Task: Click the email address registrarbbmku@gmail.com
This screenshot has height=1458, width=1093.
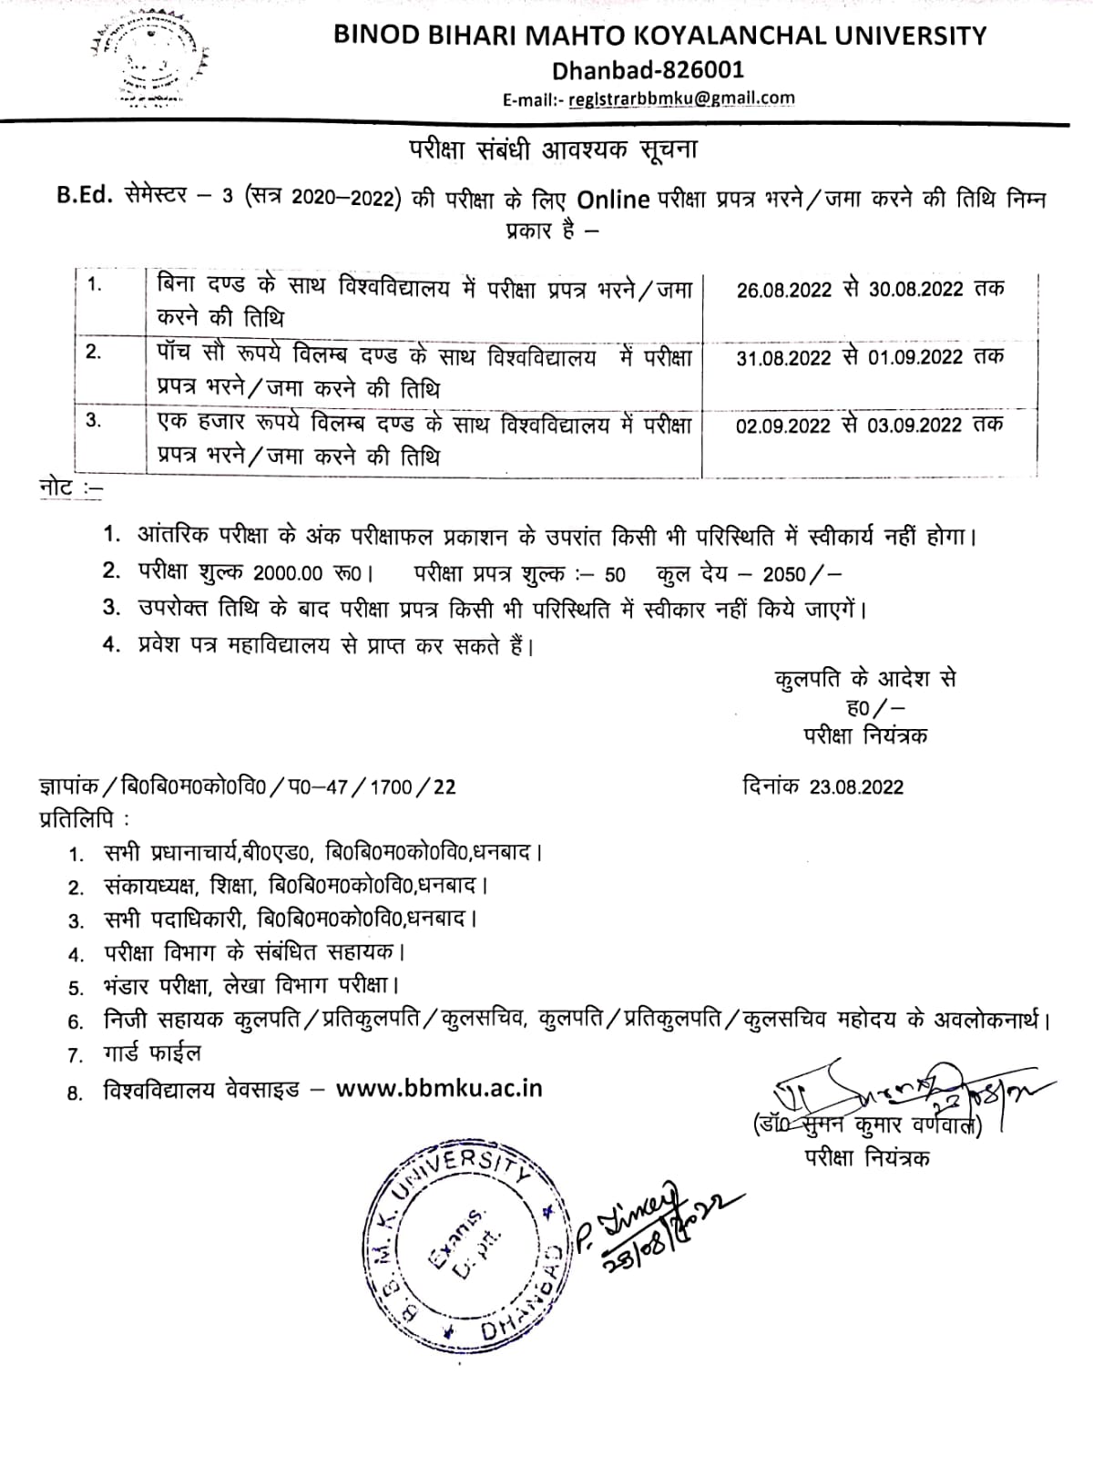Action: tap(680, 99)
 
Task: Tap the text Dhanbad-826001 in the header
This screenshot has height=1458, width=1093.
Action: tap(648, 69)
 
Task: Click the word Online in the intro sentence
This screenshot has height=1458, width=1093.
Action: tap(613, 200)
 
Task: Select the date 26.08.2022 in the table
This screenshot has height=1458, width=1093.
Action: tap(783, 290)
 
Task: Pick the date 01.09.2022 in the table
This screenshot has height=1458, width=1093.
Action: tap(914, 357)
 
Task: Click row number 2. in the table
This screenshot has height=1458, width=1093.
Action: tap(94, 352)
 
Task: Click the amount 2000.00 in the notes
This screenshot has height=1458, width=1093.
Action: tap(288, 574)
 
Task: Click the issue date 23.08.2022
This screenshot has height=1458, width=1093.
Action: tap(856, 787)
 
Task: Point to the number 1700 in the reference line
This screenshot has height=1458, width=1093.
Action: tap(391, 786)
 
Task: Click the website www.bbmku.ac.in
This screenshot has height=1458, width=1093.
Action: tap(439, 1088)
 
